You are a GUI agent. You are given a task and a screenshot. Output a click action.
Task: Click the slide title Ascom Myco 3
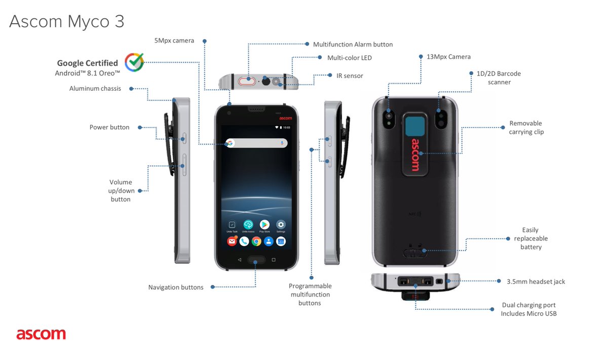tap(66, 21)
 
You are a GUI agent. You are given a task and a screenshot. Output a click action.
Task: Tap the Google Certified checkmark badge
tap(134, 62)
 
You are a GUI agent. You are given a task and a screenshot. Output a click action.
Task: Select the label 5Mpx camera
tap(174, 41)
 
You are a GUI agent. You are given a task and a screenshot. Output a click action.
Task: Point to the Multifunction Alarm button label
tap(353, 45)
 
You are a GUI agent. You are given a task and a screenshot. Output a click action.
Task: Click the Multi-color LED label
tap(349, 58)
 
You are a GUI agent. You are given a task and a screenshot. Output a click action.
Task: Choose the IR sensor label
tap(350, 75)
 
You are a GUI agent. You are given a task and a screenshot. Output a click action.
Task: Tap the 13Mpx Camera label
tap(448, 57)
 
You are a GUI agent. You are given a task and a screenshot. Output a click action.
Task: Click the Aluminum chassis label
tap(95, 89)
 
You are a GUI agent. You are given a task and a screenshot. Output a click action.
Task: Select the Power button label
tap(109, 127)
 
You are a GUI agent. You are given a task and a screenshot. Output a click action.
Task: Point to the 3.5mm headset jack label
tap(536, 282)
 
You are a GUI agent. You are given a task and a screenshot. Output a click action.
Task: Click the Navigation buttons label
tap(176, 287)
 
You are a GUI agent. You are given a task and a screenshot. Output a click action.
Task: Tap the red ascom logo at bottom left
tap(41, 334)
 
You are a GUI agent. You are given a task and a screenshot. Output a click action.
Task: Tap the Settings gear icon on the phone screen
tap(281, 224)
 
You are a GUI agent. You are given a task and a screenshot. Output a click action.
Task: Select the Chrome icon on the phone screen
tap(256, 242)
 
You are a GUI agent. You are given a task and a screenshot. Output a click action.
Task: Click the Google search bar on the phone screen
tap(256, 143)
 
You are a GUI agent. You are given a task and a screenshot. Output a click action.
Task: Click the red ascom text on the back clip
tap(415, 154)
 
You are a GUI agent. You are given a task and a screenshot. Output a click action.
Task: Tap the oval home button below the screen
tap(256, 260)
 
